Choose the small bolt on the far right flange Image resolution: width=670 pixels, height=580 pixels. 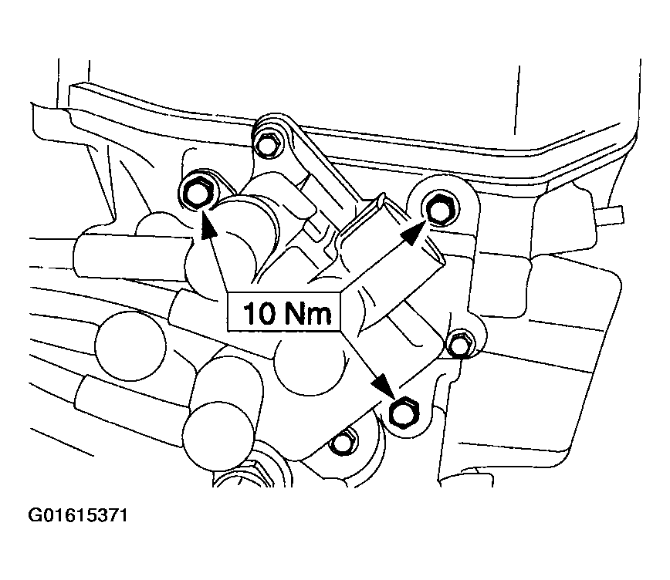[x=460, y=344]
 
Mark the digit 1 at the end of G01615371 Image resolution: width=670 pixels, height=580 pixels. [x=122, y=514]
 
